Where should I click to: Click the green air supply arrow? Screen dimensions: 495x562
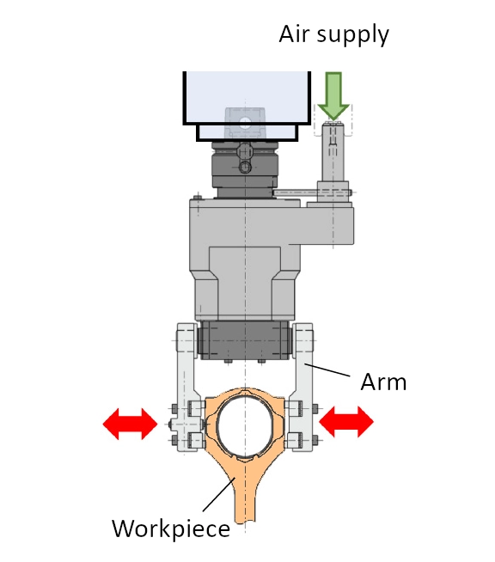pos(333,95)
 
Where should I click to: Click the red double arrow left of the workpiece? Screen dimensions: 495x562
pos(130,424)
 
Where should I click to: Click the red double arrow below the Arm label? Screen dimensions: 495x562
pos(346,421)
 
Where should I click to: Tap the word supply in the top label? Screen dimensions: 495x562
pos(353,36)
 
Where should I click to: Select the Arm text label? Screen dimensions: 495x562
pos(383,382)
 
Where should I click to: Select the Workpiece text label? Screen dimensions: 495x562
pos(171,529)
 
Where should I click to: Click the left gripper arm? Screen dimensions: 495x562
pos(186,387)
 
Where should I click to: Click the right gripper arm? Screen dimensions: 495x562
pos(302,387)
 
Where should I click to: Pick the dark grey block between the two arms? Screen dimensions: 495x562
pos(245,339)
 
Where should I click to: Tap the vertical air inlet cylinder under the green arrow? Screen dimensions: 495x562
pos(333,151)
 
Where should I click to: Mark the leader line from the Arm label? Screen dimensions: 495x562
pos(327,370)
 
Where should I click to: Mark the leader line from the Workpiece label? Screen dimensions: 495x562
pos(218,494)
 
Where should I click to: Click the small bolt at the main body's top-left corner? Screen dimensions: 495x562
pos(197,197)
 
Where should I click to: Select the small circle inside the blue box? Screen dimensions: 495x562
pos(245,123)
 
